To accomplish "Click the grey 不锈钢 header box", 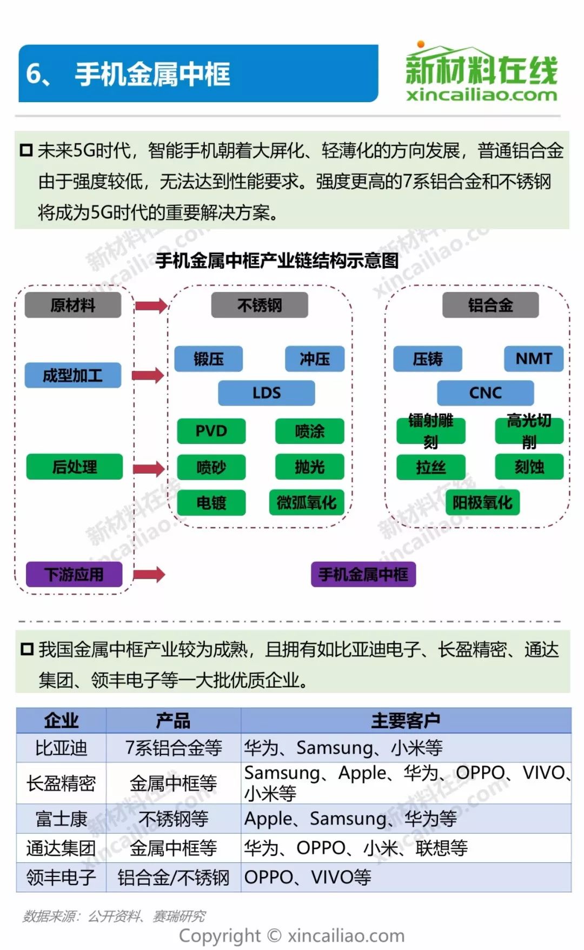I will point(260,305).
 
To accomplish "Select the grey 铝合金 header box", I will point(490,305).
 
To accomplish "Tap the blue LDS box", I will point(266,393).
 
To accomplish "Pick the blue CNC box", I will point(485,393).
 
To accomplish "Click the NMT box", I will point(533,358).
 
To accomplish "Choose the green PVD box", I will point(211,431).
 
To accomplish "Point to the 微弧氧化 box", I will point(307,503).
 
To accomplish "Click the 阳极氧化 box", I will point(482,503).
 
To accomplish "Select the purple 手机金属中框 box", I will point(363,574).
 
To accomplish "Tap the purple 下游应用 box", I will point(74,574).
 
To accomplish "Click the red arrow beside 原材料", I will point(151,306).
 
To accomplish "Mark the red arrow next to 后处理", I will point(149,468).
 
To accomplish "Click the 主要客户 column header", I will point(406,721).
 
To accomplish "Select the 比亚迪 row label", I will point(61,748).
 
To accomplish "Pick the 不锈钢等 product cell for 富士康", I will point(173,819).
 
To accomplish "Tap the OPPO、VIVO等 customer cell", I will point(308,877).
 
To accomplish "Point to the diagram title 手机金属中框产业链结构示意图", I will point(277,261).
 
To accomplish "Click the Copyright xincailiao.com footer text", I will point(291,935).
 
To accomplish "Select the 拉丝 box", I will point(430,467).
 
